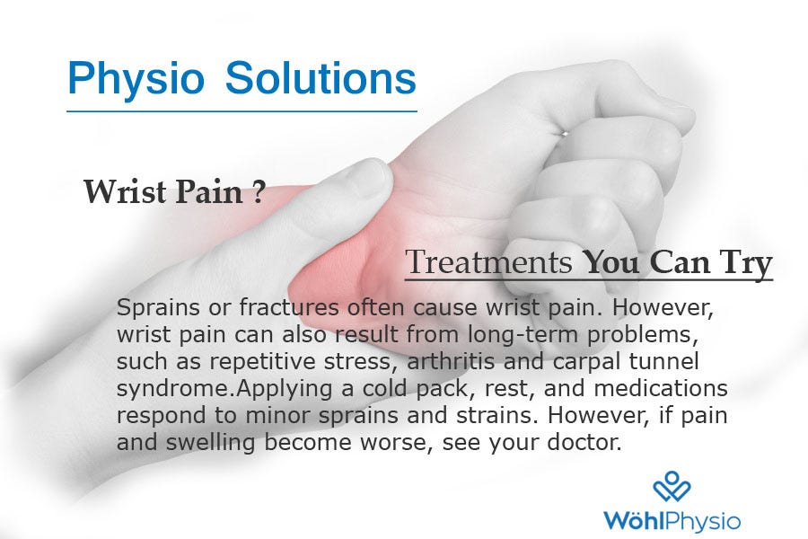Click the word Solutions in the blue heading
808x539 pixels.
(x=321, y=78)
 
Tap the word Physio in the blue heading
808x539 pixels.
(x=136, y=79)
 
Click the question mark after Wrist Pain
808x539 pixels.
(x=259, y=191)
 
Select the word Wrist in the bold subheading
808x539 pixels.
(x=125, y=191)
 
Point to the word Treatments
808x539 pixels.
(x=488, y=262)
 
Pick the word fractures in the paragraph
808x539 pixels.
(x=288, y=307)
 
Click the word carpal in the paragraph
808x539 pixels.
(x=586, y=362)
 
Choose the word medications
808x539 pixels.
(x=661, y=388)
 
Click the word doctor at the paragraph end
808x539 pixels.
(x=584, y=442)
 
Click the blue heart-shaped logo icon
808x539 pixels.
(x=672, y=486)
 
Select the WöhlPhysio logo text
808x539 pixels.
(x=672, y=520)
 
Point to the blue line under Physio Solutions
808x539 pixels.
(x=242, y=110)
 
